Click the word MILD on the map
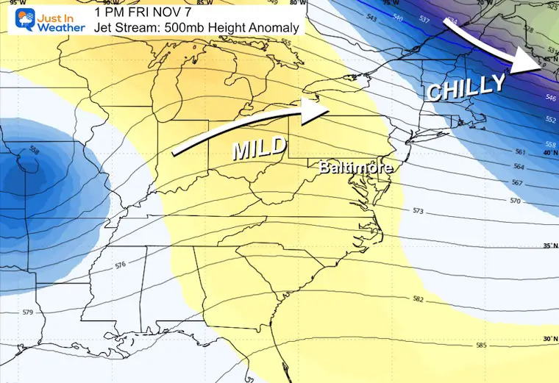coord(259,148)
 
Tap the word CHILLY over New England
coord(466,87)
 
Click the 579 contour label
coord(28,312)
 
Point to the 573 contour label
coord(418,211)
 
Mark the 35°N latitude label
coord(548,246)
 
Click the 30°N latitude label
coord(548,339)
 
